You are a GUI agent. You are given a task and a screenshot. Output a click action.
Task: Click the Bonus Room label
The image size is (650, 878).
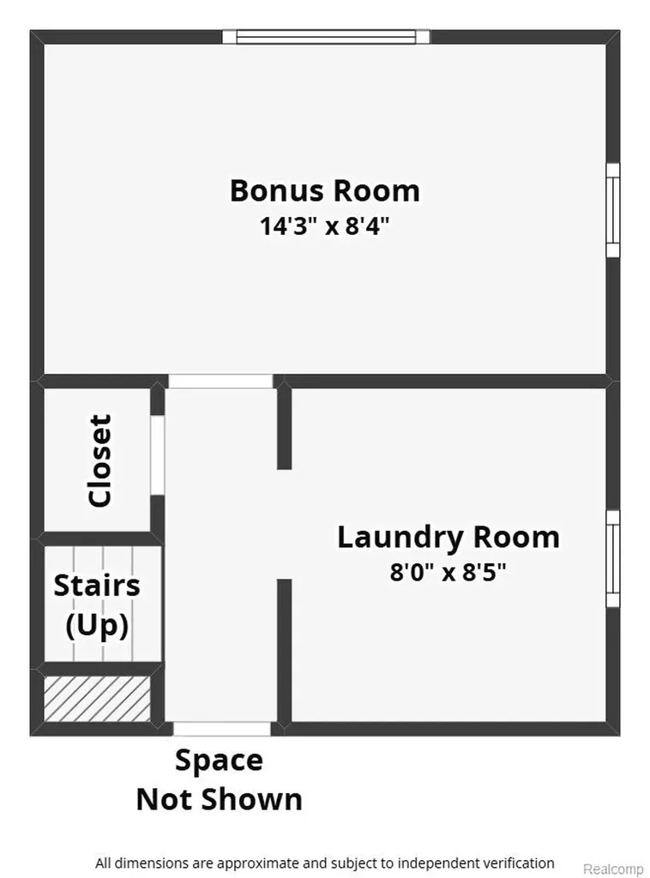click(x=325, y=191)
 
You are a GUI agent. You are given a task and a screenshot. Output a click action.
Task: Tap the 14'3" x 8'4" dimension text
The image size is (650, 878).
click(x=324, y=226)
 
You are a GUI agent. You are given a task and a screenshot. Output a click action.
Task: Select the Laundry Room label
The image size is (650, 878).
click(x=448, y=538)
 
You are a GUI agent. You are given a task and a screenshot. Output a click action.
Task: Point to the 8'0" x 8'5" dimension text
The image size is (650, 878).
click(x=448, y=572)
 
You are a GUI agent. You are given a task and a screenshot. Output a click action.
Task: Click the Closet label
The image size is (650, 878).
click(x=101, y=460)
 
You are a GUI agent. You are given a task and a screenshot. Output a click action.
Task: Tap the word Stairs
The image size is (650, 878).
click(x=97, y=586)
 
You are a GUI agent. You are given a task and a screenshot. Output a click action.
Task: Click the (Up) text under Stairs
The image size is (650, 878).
click(x=97, y=625)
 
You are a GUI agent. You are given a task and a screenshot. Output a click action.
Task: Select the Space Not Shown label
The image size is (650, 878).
click(x=219, y=779)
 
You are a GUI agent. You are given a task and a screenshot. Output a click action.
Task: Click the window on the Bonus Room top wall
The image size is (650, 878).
click(x=327, y=37)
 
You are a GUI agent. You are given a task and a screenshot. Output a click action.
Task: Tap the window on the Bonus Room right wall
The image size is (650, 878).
click(x=614, y=210)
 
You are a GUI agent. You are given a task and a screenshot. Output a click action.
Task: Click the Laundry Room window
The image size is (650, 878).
click(x=614, y=558)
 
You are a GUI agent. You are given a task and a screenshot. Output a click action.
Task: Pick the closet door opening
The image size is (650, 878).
click(x=158, y=455)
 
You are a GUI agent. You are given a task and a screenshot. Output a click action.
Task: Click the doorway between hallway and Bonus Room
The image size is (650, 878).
click(x=220, y=382)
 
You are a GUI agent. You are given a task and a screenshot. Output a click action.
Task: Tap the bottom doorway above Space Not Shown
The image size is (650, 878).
click(x=222, y=729)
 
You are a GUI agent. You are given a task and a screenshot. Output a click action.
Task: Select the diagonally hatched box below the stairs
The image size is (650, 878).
click(x=98, y=699)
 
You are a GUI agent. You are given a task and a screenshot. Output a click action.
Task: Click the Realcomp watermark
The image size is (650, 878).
click(x=614, y=869)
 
